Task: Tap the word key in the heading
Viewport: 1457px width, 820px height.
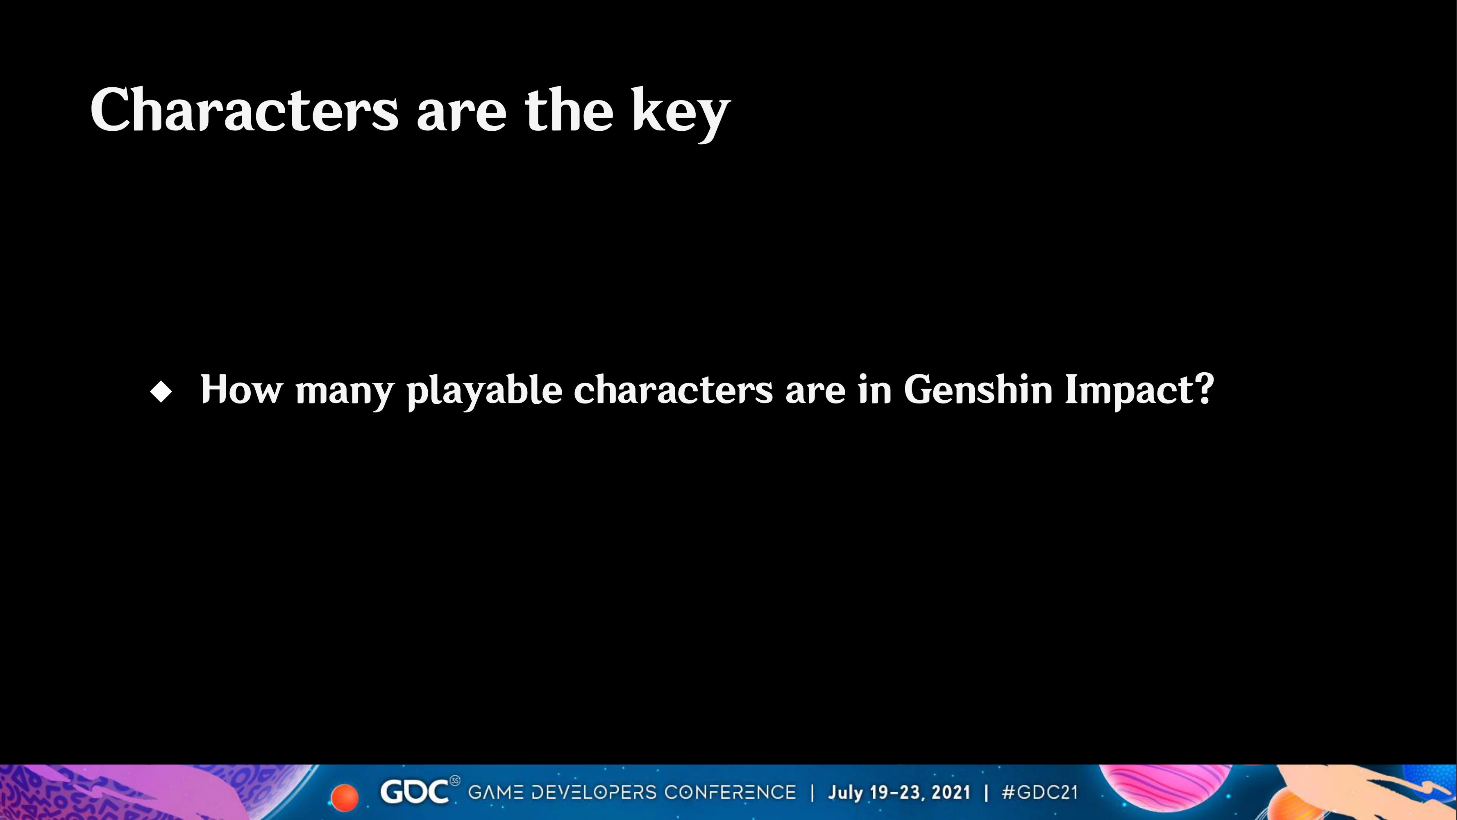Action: pos(681,114)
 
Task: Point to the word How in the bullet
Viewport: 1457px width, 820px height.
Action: pos(241,389)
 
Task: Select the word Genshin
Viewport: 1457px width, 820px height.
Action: pos(978,389)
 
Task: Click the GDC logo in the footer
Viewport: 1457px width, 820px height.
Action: pos(416,792)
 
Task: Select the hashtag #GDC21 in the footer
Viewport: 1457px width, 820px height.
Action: pos(1039,792)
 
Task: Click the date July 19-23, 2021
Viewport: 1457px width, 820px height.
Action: pos(899,792)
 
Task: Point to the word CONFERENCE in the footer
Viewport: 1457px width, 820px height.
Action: pos(730,792)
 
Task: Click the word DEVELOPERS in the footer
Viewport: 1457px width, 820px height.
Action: pos(594,792)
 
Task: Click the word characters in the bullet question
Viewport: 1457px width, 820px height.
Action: pos(674,389)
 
